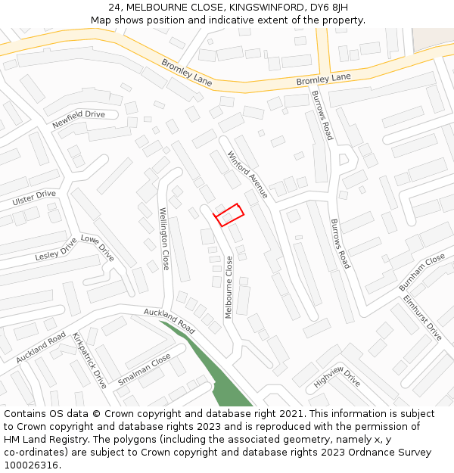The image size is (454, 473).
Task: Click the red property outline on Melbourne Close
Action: [x=230, y=214]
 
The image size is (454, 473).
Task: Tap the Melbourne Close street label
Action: [x=229, y=287]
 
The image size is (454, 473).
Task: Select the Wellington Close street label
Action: [x=164, y=239]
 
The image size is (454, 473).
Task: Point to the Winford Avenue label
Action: [x=247, y=175]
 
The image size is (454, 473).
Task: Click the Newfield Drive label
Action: [x=79, y=119]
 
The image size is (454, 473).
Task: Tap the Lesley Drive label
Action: [x=56, y=251]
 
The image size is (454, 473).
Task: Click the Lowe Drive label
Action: [x=98, y=248]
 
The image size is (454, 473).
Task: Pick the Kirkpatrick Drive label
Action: [x=89, y=360]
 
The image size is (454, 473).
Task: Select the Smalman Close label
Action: [x=144, y=370]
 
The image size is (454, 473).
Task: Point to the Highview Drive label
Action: [x=337, y=378]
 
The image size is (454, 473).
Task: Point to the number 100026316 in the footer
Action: [x=33, y=465]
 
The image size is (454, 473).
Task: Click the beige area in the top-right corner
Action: [x=433, y=39]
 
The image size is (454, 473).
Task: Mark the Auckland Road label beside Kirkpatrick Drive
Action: [x=41, y=347]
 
